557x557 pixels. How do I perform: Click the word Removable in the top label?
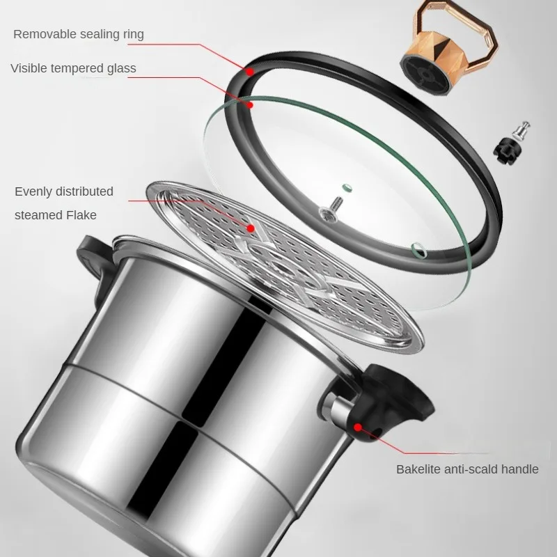44,33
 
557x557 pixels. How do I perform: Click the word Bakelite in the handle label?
419,469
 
